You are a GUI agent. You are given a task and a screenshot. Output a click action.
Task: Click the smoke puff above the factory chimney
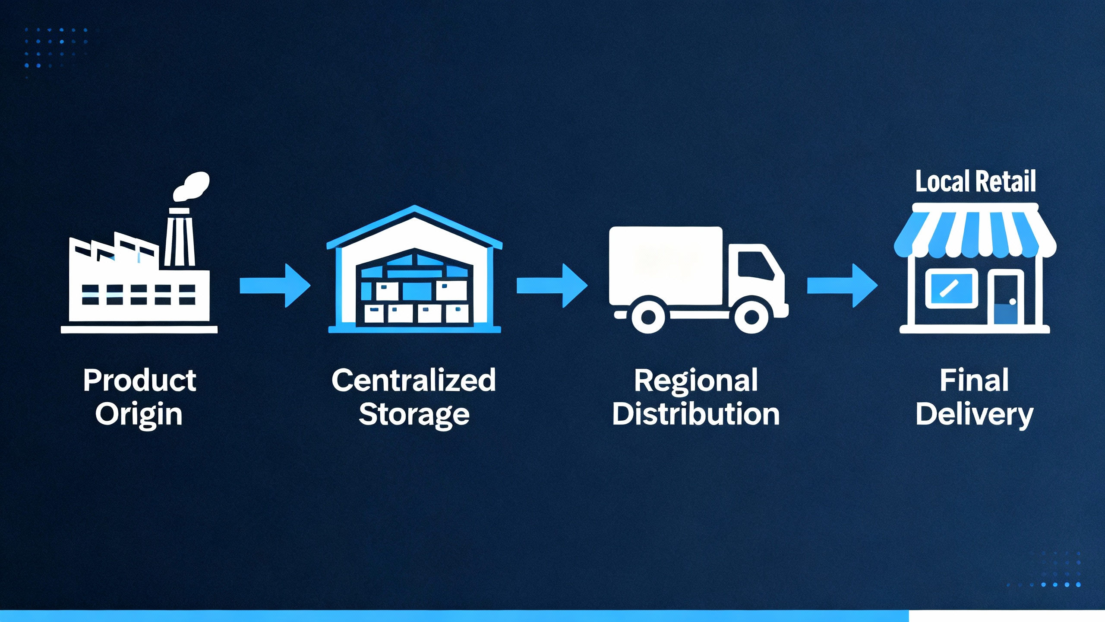click(192, 186)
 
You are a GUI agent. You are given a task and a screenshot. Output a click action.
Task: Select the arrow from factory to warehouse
click(275, 286)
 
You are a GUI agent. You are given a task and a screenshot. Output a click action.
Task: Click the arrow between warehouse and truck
click(552, 286)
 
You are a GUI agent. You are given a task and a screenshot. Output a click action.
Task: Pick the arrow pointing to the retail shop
click(842, 286)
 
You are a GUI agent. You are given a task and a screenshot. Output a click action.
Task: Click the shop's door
click(1005, 298)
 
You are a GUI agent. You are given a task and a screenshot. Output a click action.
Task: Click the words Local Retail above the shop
click(976, 181)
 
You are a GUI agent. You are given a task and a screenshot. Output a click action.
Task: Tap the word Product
click(139, 381)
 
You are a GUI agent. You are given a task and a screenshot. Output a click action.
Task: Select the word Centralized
click(414, 381)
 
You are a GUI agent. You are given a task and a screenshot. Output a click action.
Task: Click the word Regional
click(696, 381)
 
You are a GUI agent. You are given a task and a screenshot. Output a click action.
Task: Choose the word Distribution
click(696, 414)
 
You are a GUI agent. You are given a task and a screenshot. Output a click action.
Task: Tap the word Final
click(974, 381)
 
